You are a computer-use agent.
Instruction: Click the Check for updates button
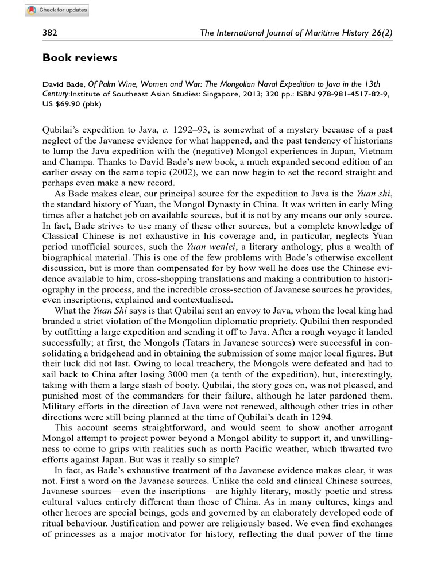click(57, 10)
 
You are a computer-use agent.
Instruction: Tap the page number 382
click(51, 33)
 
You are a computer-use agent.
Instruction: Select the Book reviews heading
click(80, 58)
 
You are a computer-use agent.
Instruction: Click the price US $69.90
click(63, 104)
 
